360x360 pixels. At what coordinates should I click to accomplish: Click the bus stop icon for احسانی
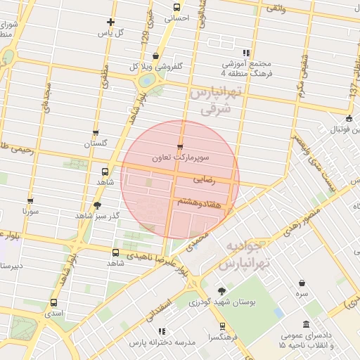176,8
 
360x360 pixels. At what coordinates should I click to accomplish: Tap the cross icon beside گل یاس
110,22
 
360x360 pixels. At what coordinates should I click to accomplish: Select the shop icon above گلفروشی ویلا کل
155,56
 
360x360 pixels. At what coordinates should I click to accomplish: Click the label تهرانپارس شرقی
215,101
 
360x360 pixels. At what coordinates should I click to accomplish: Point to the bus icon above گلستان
96,132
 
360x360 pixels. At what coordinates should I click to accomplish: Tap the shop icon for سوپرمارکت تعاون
181,148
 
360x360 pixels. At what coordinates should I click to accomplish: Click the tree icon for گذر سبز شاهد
96,205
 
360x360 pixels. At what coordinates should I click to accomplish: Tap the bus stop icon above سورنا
30,200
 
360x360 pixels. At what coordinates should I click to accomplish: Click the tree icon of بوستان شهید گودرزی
222,291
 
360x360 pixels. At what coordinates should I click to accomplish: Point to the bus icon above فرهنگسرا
222,326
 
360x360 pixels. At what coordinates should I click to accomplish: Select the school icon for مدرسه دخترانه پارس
162,330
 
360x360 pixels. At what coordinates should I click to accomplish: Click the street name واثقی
276,8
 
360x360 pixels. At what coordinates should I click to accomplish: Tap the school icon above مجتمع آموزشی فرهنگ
245,53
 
